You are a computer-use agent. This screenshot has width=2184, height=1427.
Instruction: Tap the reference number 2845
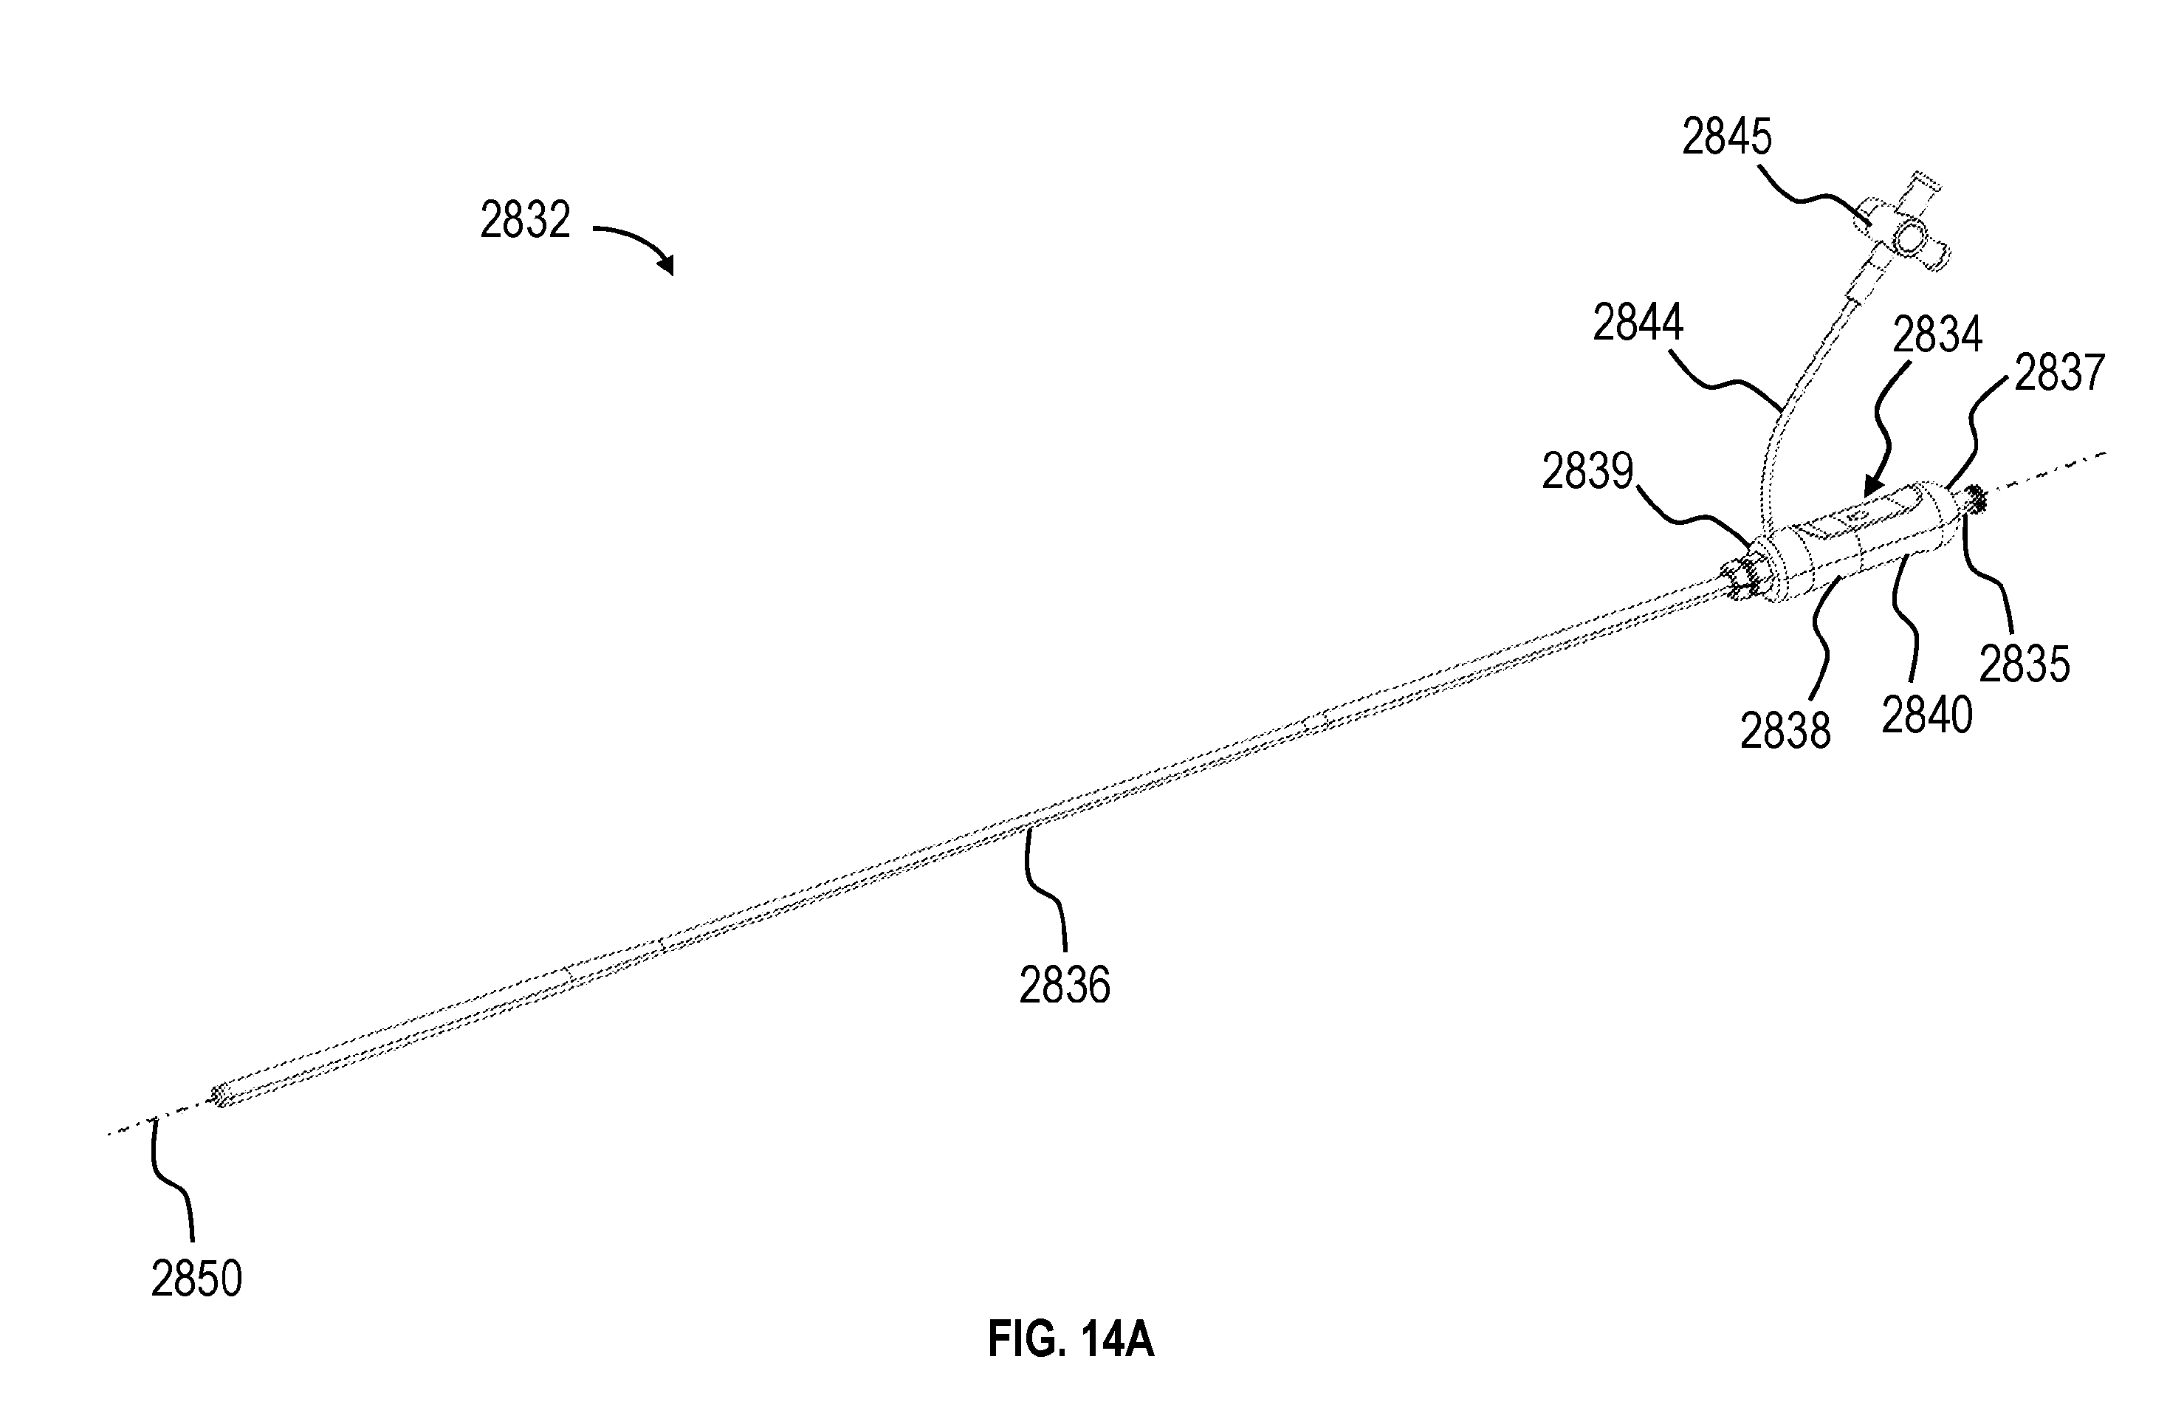click(1726, 137)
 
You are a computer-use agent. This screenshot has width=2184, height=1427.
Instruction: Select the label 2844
click(1638, 323)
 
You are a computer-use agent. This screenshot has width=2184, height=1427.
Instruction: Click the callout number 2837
click(2059, 374)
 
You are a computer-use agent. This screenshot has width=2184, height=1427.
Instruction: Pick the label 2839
click(1587, 472)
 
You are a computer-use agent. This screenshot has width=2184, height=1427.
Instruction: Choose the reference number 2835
click(2025, 664)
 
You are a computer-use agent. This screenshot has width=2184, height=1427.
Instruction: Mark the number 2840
click(1927, 715)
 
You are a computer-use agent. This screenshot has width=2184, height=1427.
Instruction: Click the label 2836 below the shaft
click(1065, 985)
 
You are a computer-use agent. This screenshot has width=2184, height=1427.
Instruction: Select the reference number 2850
click(196, 1279)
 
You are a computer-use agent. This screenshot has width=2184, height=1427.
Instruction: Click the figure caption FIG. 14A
click(1070, 1340)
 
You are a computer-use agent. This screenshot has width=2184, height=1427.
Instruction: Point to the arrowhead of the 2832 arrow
click(668, 266)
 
